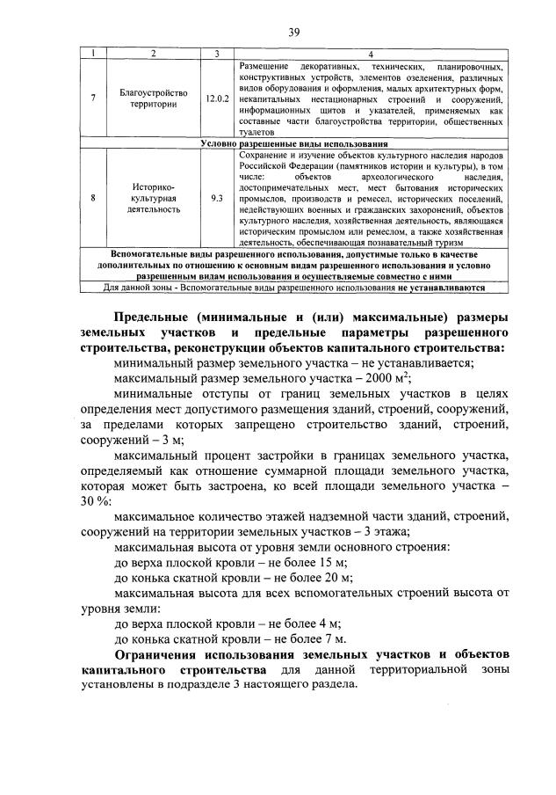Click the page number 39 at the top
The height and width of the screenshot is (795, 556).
295,33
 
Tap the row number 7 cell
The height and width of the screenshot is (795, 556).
93,98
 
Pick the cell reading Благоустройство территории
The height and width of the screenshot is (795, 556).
155,98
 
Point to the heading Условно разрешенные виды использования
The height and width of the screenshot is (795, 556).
294,143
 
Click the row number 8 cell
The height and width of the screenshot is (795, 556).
93,198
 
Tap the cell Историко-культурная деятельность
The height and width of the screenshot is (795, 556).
155,198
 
